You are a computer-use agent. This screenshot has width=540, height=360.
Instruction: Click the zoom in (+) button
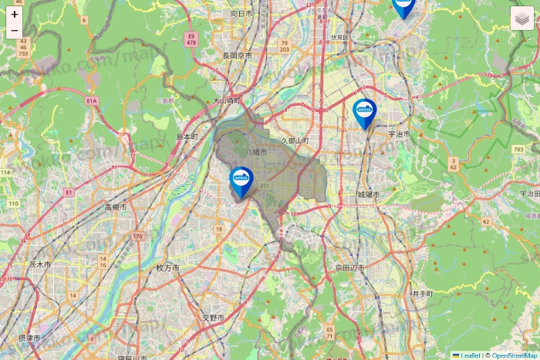[x=15, y=14]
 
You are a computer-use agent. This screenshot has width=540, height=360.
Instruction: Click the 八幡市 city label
[x=256, y=153]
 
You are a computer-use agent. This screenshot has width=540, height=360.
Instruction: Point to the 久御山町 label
[x=295, y=141]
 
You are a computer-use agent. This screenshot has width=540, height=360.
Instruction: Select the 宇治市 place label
[x=399, y=133]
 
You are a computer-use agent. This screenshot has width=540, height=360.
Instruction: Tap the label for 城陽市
[x=369, y=195]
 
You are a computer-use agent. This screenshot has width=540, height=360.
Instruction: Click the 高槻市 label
[x=118, y=207]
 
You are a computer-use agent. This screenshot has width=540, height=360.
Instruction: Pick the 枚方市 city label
[x=167, y=268]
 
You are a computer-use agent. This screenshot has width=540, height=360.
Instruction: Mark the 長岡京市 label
[x=238, y=56]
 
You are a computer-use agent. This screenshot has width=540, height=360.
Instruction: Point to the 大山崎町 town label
[x=227, y=100]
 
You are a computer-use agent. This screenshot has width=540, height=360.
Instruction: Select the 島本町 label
[x=187, y=136]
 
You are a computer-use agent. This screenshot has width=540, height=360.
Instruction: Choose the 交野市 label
[x=213, y=318]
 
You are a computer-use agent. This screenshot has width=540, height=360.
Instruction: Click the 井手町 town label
[x=422, y=294]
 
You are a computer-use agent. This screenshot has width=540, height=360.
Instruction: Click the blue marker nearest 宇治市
[x=364, y=113]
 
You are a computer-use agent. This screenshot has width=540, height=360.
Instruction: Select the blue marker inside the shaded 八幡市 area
[x=241, y=182]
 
